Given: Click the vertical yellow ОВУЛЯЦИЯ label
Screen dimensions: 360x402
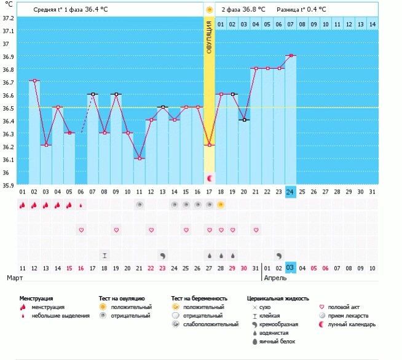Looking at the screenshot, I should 210,37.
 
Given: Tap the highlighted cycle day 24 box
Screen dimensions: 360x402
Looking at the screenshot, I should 290,192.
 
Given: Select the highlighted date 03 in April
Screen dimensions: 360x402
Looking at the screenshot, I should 290,268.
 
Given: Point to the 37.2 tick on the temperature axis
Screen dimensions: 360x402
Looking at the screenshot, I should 8,18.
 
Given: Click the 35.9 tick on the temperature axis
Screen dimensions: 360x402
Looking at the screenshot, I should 8,185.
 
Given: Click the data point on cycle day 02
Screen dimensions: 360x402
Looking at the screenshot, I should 34,80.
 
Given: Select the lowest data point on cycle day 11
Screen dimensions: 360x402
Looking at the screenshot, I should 140,158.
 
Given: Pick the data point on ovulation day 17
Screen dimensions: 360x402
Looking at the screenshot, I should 210,145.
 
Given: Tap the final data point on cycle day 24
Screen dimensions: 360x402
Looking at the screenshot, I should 290,55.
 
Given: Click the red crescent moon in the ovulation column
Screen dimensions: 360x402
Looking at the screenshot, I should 210,178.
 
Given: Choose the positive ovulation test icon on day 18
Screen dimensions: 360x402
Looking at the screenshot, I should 221,205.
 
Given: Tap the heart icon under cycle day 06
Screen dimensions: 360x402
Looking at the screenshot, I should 81,230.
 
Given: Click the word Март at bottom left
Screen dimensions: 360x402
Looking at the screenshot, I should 15,278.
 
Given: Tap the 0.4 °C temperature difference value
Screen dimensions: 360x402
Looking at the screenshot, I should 314,9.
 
